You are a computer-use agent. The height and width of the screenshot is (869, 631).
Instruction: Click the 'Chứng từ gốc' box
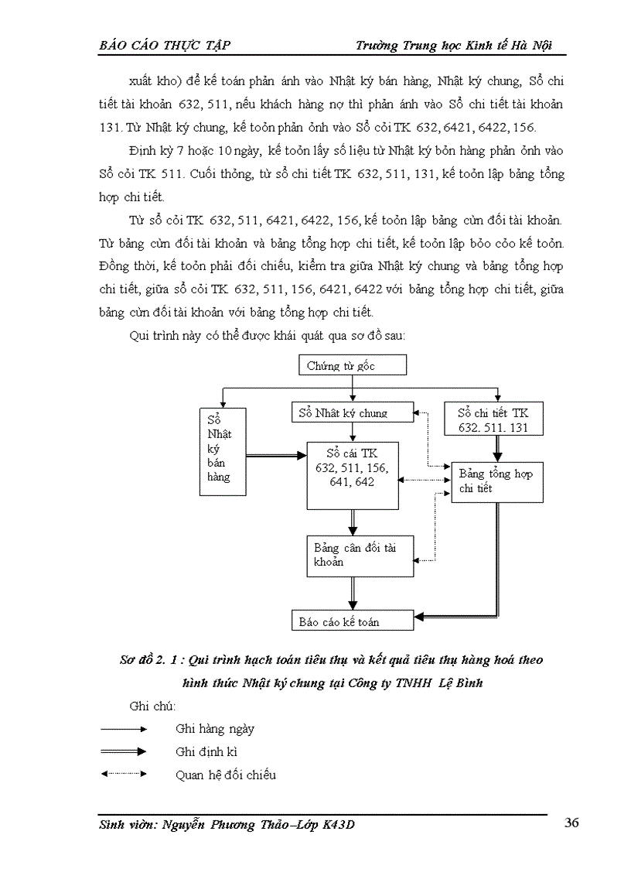pos(352,364)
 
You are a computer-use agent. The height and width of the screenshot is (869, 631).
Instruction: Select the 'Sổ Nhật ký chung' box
pos(353,412)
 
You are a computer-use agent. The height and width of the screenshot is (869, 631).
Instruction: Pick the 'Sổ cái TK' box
pos(353,474)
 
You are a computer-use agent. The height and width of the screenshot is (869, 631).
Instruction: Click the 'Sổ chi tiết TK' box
pos(493,419)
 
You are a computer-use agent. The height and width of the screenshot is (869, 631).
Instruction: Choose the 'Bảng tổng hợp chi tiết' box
pos(496,481)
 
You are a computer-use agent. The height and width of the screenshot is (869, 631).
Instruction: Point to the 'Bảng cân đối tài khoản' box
pos(360,554)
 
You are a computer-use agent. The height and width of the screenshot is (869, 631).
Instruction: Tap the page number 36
pos(571,823)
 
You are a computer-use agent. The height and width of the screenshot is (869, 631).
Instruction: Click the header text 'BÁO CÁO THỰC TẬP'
pos(165,45)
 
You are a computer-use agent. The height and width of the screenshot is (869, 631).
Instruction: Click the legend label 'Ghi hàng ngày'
pos(215,728)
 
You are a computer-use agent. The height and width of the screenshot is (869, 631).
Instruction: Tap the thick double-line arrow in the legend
pos(124,751)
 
